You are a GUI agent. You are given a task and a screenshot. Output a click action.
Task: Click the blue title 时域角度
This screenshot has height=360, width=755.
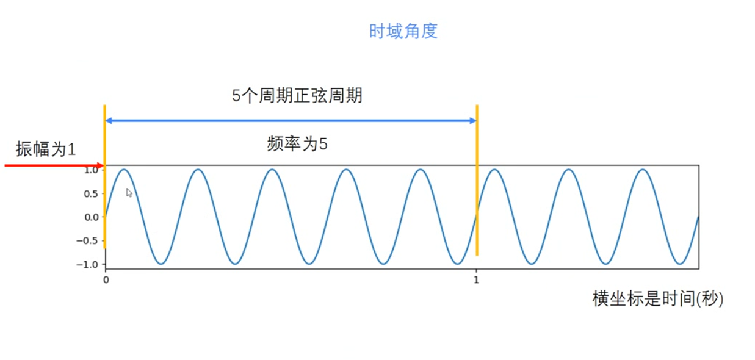[x=403, y=32]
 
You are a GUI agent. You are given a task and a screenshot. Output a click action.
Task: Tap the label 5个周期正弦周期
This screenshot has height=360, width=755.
[x=297, y=96]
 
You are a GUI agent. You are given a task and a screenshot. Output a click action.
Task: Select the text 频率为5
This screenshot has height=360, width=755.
[x=297, y=145]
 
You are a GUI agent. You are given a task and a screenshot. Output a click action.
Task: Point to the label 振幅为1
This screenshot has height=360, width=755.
[x=46, y=149]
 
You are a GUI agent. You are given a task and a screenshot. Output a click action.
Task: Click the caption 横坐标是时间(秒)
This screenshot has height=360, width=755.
[x=657, y=300]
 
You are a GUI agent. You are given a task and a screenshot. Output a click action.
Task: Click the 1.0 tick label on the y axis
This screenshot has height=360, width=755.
[x=91, y=170]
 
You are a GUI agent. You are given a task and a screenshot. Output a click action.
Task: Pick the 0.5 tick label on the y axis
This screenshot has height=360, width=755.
[x=91, y=193]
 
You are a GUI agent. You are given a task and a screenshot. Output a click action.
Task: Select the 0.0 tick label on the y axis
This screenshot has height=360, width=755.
[x=91, y=217]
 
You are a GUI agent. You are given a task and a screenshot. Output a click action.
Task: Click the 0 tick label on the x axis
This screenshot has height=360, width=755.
[x=106, y=280]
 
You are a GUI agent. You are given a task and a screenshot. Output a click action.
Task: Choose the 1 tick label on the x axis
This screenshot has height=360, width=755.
[x=476, y=280]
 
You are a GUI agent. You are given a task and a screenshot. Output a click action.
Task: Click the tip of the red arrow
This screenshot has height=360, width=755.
[x=104, y=165]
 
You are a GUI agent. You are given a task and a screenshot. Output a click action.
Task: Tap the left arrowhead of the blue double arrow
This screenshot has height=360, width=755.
[x=109, y=121]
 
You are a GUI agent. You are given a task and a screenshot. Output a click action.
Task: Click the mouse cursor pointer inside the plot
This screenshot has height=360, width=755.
[x=129, y=192]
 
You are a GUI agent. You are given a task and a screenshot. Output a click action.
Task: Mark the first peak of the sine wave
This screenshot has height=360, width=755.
[x=124, y=169]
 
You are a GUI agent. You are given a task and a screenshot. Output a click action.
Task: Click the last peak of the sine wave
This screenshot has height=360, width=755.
[x=643, y=169]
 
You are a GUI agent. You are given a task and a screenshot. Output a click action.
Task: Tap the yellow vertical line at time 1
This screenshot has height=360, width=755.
[x=477, y=183]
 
